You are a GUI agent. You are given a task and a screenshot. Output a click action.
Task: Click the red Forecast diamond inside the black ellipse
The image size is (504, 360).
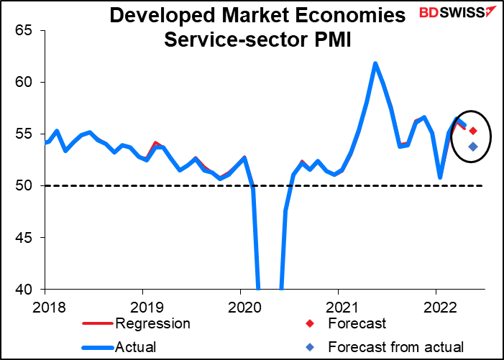[473, 131]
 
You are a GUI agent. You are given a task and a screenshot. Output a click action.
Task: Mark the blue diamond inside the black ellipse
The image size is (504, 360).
[473, 147]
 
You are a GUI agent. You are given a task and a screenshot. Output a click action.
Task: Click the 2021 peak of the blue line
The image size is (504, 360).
[375, 63]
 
